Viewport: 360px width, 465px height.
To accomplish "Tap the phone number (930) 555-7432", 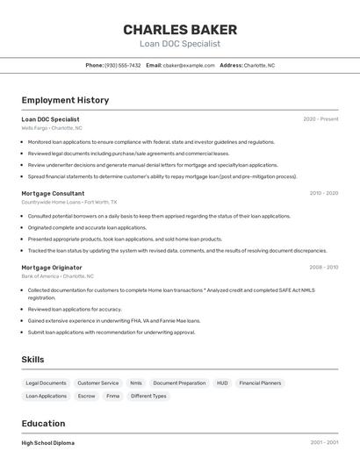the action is point(122,65).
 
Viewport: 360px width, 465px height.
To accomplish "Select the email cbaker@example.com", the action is point(189,65).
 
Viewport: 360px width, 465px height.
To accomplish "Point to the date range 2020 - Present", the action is point(320,119).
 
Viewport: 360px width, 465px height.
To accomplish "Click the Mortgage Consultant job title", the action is point(53,193).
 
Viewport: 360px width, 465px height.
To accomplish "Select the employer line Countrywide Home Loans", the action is point(68,202).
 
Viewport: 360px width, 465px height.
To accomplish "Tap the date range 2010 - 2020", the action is point(323,193).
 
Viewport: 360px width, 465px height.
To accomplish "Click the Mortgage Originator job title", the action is point(52,268).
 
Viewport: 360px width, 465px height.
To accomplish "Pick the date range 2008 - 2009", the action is point(323,268).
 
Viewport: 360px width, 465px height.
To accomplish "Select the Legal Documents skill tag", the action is point(46,383).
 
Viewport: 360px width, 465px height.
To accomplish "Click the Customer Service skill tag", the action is point(97,383).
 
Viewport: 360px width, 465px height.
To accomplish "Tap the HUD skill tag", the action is point(222,383).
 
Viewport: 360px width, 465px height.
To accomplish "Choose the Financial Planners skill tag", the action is point(260,383).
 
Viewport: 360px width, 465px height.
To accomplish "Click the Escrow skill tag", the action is point(86,396).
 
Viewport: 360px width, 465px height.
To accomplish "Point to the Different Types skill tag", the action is point(148,396).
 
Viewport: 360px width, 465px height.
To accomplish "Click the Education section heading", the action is point(43,423).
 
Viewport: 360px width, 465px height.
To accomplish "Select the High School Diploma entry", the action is point(48,443).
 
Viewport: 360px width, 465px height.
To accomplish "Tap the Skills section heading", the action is point(32,360).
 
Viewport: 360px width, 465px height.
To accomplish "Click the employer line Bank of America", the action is point(58,276).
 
